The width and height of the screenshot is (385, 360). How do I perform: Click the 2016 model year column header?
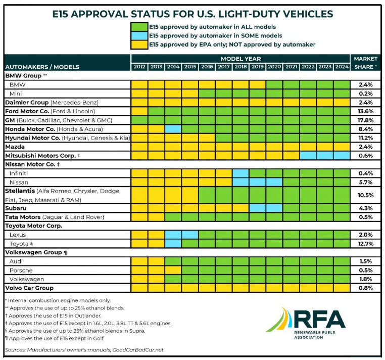pyautogui.click(x=207, y=67)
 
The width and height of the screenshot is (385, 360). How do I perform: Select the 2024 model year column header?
pyautogui.click(x=341, y=67)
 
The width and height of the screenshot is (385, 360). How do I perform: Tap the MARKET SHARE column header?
pyautogui.click(x=364, y=63)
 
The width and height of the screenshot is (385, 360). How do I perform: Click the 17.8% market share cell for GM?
pyautogui.click(x=364, y=120)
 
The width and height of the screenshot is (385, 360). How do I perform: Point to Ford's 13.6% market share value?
pyautogui.click(x=364, y=111)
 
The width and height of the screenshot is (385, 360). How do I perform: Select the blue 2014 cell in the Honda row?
pyautogui.click(x=173, y=129)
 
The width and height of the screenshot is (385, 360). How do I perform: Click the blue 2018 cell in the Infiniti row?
pyautogui.click(x=240, y=173)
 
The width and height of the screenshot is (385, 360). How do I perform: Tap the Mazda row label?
pyautogui.click(x=16, y=147)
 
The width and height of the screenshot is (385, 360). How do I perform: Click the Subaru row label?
pyautogui.click(x=17, y=208)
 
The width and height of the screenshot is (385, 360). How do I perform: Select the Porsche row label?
pyautogui.click(x=22, y=270)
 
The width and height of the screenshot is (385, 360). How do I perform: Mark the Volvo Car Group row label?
pyautogui.click(x=29, y=288)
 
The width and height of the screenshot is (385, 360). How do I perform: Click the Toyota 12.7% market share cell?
pyautogui.click(x=364, y=243)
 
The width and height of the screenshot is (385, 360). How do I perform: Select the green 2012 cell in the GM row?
pyautogui.click(x=139, y=120)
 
